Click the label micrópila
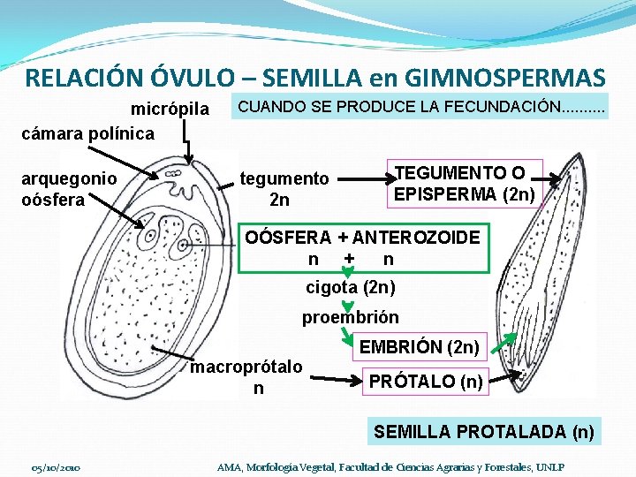click(x=170, y=110)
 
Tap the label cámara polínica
click(x=87, y=133)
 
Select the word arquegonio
click(x=69, y=178)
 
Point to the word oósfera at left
click(x=53, y=199)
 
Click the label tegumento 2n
click(x=284, y=189)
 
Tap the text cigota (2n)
click(x=350, y=288)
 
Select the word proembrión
click(x=350, y=317)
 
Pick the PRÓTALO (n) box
click(x=426, y=382)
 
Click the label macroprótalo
click(x=246, y=367)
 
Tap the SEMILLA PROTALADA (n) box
click(x=484, y=432)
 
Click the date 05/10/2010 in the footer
click(x=56, y=466)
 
